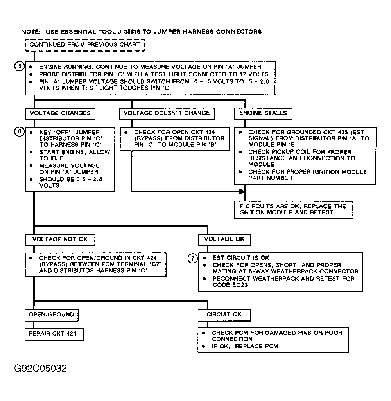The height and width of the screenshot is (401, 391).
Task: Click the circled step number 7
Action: click(x=192, y=258)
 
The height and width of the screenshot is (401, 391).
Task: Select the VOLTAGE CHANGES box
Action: click(x=60, y=113)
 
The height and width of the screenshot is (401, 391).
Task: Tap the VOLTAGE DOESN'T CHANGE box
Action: click(x=167, y=113)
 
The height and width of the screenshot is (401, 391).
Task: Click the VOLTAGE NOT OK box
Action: click(x=60, y=239)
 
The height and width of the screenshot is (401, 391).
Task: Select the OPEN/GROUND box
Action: click(x=51, y=315)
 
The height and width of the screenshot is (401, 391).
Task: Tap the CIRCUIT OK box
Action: click(x=224, y=315)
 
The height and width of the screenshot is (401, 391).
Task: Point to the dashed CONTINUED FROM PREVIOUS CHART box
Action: click(x=85, y=45)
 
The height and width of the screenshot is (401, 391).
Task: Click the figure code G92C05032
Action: click(x=40, y=369)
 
